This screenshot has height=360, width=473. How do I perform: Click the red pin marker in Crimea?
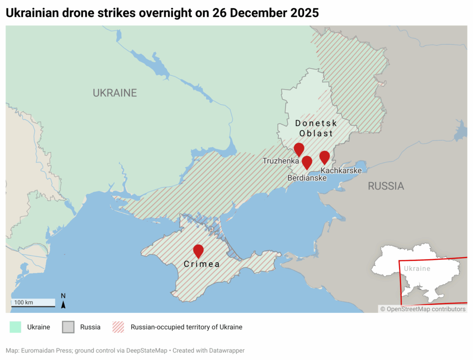point(198,251)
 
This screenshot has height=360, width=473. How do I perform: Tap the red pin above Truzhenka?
point(299,149)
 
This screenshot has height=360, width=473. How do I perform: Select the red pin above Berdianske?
point(307,162)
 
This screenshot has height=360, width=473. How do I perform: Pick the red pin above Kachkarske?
point(325,157)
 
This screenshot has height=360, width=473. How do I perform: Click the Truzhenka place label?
point(281,161)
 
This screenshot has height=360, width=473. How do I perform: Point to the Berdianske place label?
point(307,178)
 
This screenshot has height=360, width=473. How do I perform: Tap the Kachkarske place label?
point(341,170)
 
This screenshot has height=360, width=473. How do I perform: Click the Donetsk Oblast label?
point(316,128)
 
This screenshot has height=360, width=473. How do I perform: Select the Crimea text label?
point(201,264)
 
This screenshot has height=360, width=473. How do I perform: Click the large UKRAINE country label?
point(115,93)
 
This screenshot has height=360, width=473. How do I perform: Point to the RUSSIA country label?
point(386,186)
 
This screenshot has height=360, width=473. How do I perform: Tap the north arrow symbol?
point(63,301)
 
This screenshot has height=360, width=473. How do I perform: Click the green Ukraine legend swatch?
point(15,327)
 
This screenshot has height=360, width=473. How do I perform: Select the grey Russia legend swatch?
point(68,327)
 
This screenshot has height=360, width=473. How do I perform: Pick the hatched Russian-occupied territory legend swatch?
point(119,327)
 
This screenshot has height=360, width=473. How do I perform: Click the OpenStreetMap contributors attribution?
point(423,309)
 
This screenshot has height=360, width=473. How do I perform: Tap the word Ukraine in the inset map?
point(417,269)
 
